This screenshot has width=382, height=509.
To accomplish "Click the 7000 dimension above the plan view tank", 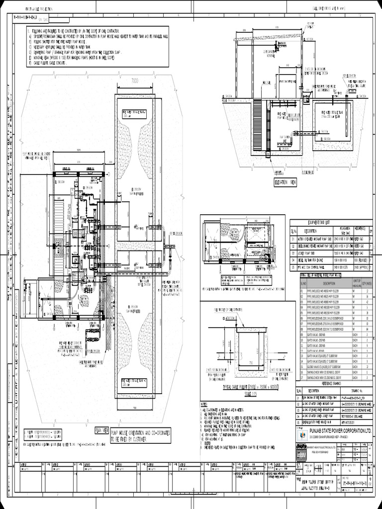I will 135,80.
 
